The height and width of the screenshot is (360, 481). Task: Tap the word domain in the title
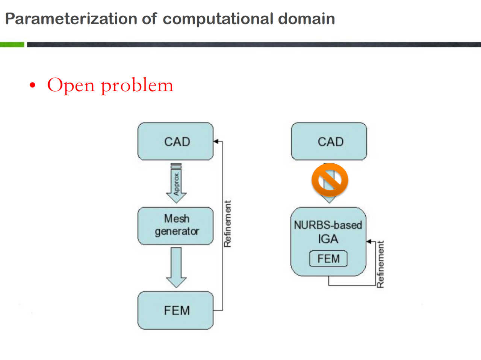coord(306,19)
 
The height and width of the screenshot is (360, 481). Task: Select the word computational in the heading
coord(218,20)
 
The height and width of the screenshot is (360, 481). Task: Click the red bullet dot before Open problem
coord(32,85)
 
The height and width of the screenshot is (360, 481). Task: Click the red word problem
coord(137,86)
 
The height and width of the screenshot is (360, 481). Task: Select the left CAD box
coord(175,142)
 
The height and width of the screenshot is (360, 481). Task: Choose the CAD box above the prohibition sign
coord(329,142)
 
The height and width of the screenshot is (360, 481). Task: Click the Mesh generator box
coord(175,226)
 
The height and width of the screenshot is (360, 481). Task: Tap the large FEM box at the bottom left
coord(175,310)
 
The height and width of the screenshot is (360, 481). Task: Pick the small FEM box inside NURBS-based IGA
coord(328,259)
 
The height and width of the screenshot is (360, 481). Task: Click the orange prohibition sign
coord(330,180)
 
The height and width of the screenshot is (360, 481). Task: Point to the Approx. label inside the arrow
coord(176,184)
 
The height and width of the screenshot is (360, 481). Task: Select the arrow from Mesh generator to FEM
coord(176,268)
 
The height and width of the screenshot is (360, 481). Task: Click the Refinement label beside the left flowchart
coord(227,224)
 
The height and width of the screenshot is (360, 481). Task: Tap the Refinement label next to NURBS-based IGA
coord(380,264)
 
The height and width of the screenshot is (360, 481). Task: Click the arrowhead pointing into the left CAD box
coord(216,142)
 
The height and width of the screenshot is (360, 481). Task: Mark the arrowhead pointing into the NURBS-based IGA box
coord(369,242)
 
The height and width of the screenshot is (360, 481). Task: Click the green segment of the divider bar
coord(12,45)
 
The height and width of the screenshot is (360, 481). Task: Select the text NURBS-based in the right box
coord(328,225)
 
